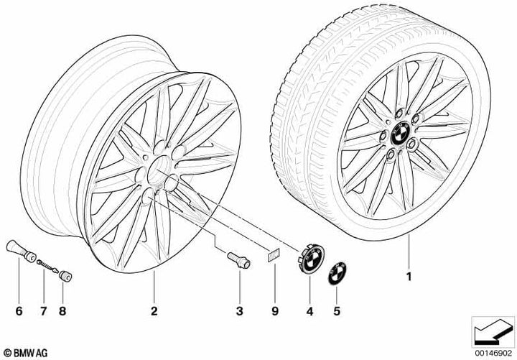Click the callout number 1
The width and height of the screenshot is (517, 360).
pos(409,277)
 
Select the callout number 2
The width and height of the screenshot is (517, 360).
pos(154,311)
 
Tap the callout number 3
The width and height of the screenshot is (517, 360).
pos(240,311)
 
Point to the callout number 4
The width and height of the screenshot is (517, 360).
pos(309,311)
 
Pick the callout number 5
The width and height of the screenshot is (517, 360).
pos(336,311)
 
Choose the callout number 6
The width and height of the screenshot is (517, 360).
pos(19,311)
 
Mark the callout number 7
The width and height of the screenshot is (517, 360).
pos(44,311)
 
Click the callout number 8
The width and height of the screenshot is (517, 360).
pos(62,311)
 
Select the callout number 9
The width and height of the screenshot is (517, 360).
pos(275,311)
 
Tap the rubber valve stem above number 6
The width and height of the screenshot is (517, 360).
pos(21,251)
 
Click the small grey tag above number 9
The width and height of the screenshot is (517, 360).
pos(273,255)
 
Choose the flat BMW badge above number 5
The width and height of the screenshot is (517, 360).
pos(337,272)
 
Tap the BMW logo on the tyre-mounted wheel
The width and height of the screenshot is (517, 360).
pos(400,134)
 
